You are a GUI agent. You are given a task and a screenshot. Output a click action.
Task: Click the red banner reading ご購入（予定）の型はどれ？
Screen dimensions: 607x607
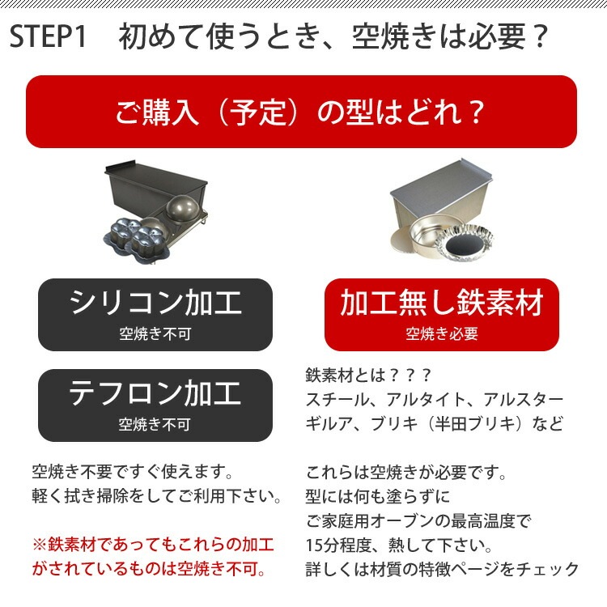301,112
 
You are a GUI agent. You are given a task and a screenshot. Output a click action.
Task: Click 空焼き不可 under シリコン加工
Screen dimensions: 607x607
155,333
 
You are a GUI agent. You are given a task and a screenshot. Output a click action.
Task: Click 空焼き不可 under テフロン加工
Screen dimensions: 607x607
155,423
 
